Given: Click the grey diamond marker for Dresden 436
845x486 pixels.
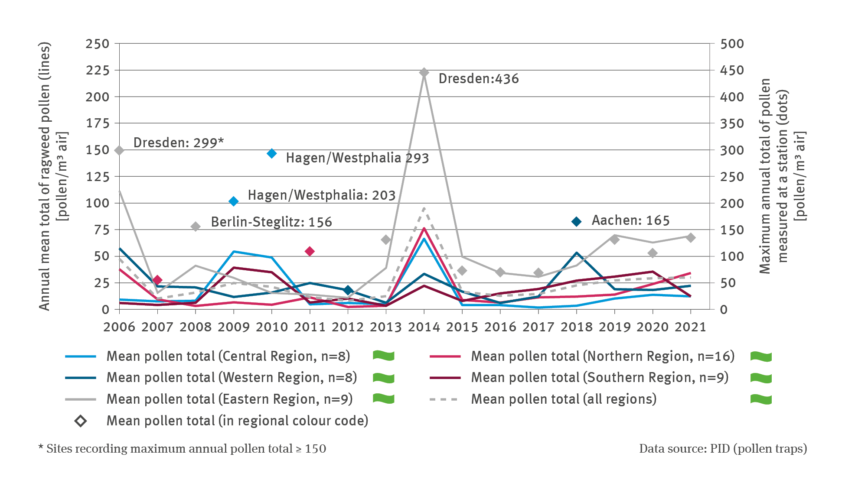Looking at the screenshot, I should tap(424, 72).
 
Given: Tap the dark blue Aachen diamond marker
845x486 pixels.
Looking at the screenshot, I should tap(576, 222).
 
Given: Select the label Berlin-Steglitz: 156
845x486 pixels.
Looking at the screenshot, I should tap(271, 222).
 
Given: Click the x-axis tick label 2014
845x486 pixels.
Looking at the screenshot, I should tap(424, 327).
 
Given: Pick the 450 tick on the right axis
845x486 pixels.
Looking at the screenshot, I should tap(732, 70).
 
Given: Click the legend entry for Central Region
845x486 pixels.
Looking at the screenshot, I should tap(228, 356).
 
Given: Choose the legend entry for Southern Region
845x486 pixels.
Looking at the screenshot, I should tap(600, 377).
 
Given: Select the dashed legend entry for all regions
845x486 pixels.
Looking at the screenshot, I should tap(564, 399).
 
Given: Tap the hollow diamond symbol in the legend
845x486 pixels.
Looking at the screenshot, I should tap(81, 421).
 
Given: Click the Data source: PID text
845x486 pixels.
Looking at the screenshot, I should tap(723, 449).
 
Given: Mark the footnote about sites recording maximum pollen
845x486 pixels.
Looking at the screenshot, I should tap(182, 449).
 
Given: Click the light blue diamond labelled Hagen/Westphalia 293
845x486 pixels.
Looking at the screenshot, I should tap(272, 153).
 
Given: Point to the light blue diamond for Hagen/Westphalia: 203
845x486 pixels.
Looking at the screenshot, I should tap(234, 201).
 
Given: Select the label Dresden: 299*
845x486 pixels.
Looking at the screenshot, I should tap(178, 143).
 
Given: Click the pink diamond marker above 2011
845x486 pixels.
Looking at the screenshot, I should tap(310, 251).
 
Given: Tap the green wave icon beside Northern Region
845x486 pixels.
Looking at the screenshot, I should tap(761, 356).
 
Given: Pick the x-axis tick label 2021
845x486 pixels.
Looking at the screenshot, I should tap(690, 327).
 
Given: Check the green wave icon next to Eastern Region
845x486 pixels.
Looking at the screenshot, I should tap(384, 399).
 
